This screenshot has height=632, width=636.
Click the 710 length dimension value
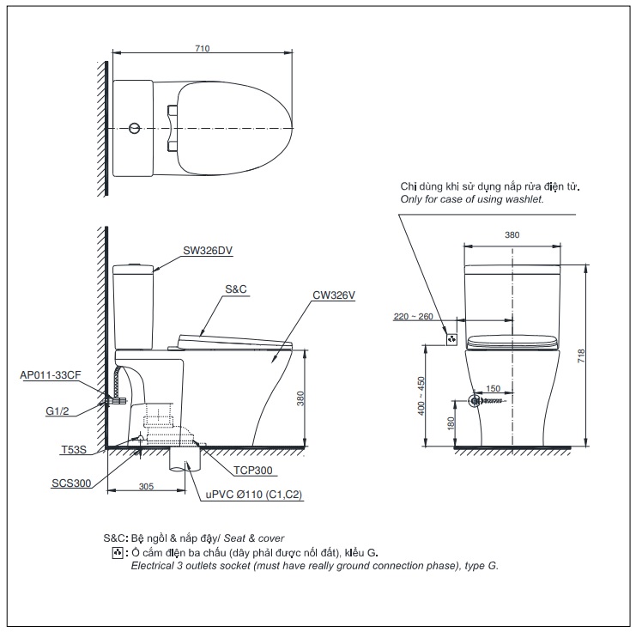pos(202,48)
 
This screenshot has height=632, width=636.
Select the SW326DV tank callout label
pos(208,251)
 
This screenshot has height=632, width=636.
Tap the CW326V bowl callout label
pos(333,295)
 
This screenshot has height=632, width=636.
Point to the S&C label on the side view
pos(236,289)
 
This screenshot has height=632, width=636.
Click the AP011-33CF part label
pos(51,375)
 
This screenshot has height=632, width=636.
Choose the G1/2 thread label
pos(58,410)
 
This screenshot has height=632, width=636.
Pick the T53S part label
pos(74,450)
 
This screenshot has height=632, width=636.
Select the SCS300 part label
pos(71,483)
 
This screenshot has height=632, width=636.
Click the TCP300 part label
pos(252,471)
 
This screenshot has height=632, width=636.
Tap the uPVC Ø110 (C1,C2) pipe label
pos(254,495)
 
